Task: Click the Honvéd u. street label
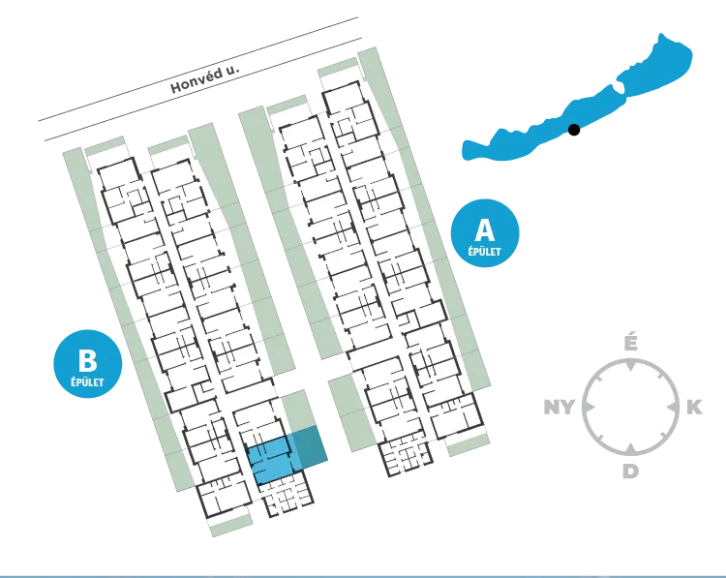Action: point(205,78)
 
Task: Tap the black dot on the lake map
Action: point(574,130)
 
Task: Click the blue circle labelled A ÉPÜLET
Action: point(485,233)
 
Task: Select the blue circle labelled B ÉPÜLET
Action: point(87,364)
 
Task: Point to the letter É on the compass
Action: point(630,343)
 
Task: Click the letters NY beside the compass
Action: point(559,408)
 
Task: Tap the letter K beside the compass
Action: point(694,407)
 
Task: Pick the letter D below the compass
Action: point(630,471)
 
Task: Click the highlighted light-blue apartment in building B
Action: point(272,460)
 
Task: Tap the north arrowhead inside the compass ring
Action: point(630,365)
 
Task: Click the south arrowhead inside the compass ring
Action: point(630,448)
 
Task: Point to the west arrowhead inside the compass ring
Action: point(590,407)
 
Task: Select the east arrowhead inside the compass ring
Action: point(671,407)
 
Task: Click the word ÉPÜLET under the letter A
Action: point(484,252)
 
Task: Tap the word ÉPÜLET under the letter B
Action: point(87,382)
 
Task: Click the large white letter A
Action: point(485,229)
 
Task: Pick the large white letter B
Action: point(87,361)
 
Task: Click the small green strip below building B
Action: point(231,526)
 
